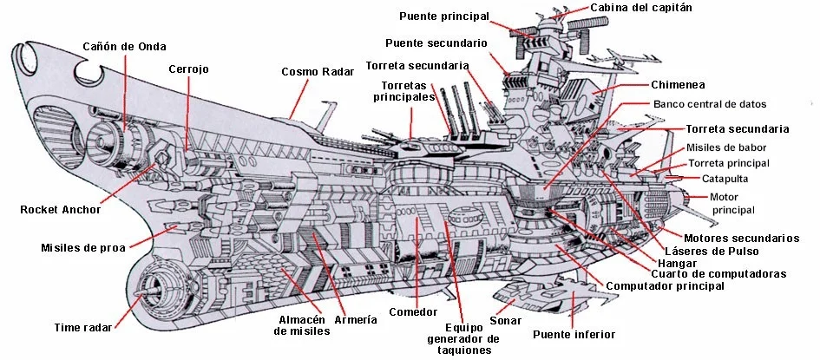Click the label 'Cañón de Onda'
(124, 46)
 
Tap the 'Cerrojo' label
(188, 69)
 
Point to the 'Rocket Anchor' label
(61, 209)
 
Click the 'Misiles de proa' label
(79, 247)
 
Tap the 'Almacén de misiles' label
(301, 324)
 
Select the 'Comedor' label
(413, 312)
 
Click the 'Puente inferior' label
(574, 334)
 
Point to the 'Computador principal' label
(665, 285)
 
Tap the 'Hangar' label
(677, 262)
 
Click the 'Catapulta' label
(725, 179)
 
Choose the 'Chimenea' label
(678, 85)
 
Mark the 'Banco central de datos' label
(710, 104)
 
